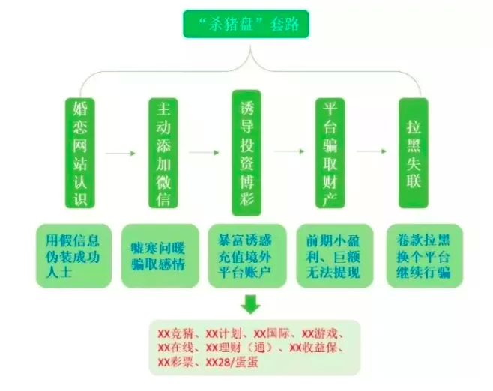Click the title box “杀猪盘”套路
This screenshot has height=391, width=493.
click(x=246, y=24)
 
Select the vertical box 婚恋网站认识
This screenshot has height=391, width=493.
click(x=80, y=153)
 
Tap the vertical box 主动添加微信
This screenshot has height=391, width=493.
click(x=163, y=153)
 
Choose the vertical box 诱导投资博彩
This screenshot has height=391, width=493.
click(x=246, y=153)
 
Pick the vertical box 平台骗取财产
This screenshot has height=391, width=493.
click(x=330, y=153)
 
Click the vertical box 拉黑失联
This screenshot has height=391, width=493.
click(x=414, y=153)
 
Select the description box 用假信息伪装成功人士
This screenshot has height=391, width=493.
click(x=73, y=256)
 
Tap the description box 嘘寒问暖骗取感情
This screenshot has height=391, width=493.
click(x=160, y=256)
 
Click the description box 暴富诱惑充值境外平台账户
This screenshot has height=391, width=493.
click(x=247, y=256)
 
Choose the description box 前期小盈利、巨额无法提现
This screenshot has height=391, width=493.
click(x=335, y=256)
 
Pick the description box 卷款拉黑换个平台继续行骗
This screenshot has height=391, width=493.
click(x=425, y=256)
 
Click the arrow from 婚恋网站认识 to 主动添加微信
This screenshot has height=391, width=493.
click(x=120, y=154)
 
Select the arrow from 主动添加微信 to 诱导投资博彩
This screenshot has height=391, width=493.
click(x=204, y=153)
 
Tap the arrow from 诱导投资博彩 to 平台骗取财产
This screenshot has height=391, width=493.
click(x=289, y=151)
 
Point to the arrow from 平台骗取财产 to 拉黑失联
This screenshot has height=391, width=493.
click(x=372, y=151)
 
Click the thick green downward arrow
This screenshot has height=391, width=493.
click(x=250, y=304)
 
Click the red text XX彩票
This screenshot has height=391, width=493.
click(x=175, y=363)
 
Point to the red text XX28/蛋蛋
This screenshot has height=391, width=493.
click(x=232, y=363)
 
